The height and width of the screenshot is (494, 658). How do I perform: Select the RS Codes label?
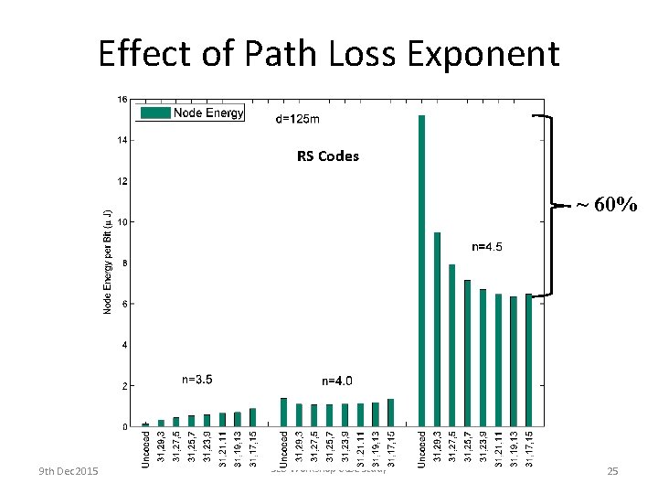[327, 156]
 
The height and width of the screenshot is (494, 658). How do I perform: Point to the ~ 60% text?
[605, 205]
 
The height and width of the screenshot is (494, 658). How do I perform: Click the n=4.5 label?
[486, 246]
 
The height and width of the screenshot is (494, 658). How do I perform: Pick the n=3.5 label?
[197, 379]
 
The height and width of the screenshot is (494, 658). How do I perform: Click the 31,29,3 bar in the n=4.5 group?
[437, 329]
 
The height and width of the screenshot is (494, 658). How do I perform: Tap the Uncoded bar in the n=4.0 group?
[283, 412]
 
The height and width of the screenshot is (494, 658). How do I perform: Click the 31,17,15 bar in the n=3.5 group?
[252, 417]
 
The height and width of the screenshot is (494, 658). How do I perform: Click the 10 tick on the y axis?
[122, 221]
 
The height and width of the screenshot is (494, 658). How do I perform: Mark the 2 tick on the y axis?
[123, 386]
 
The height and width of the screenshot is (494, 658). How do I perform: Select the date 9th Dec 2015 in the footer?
[69, 471]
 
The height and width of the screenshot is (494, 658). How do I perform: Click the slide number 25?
[612, 471]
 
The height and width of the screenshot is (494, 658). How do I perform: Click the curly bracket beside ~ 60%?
[553, 206]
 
